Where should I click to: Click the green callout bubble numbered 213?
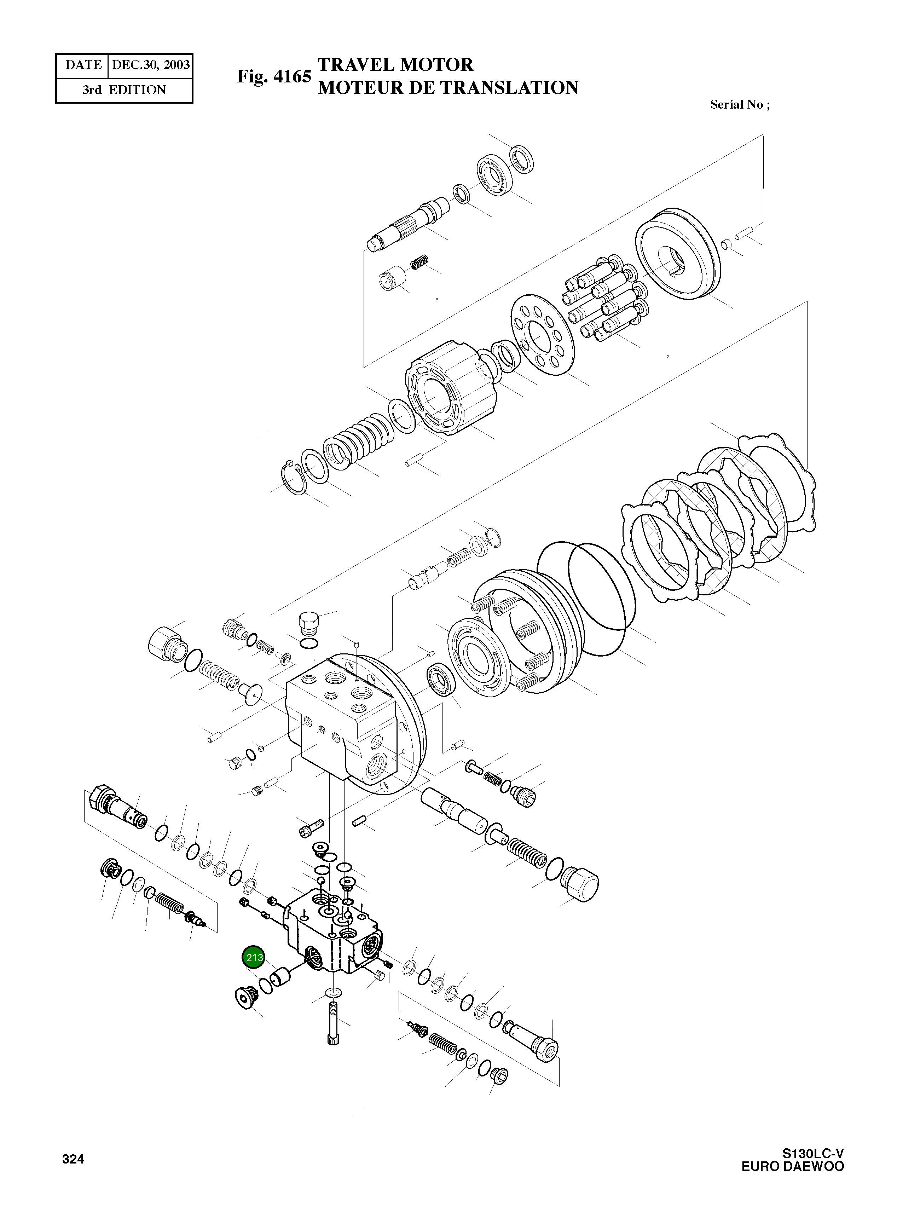(254, 957)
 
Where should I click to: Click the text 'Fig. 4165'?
(274, 76)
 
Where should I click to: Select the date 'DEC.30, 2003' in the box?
(150, 65)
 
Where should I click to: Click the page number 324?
(73, 1159)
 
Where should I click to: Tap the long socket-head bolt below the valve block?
(332, 1025)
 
